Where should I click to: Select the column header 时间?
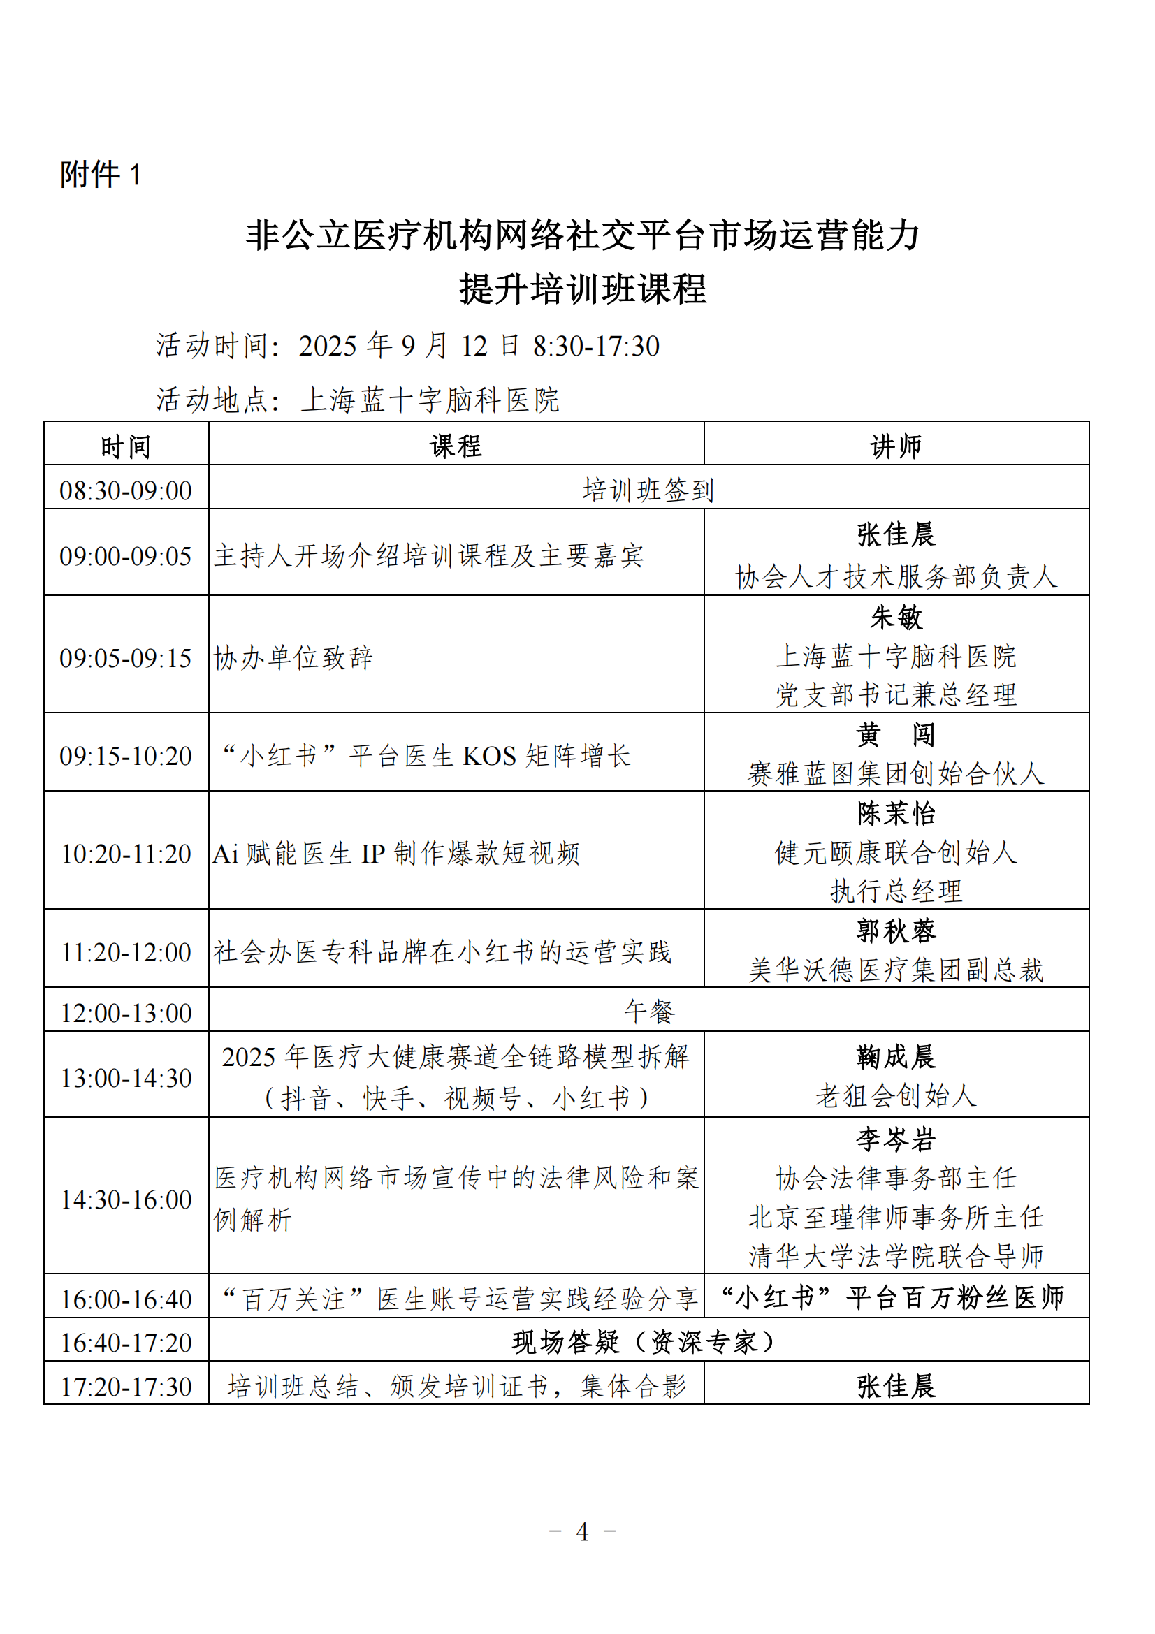(126, 447)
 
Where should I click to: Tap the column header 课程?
(456, 446)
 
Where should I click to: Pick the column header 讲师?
(895, 446)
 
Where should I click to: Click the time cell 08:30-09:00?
(126, 490)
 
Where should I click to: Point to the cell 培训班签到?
(648, 490)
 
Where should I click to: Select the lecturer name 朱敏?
(895, 617)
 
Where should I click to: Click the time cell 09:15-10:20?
(126, 756)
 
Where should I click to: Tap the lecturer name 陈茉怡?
(895, 812)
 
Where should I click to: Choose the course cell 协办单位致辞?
(293, 657)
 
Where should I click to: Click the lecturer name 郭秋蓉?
(895, 930)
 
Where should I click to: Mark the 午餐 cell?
(648, 1012)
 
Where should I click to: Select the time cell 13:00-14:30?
(126, 1077)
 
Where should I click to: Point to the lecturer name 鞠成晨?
(895, 1057)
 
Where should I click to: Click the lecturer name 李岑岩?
(895, 1139)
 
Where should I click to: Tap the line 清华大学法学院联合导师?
(895, 1256)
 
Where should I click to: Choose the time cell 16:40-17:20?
(126, 1342)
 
